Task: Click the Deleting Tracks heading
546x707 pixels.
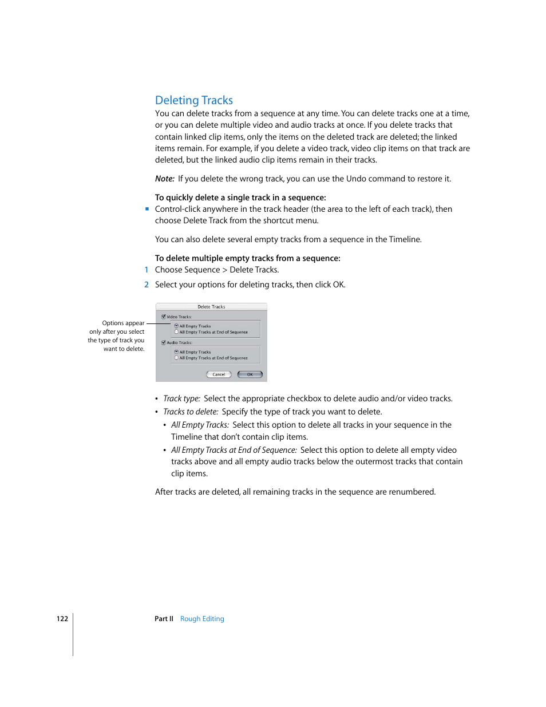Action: tap(193, 100)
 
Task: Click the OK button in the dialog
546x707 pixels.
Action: tap(250, 374)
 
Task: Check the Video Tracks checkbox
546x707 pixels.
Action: tap(164, 317)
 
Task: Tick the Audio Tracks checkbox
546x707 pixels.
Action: tap(164, 342)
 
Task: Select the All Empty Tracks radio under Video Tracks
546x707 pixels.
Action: tap(176, 326)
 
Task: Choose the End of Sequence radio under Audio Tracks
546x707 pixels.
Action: tap(176, 358)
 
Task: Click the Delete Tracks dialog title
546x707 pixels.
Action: tap(211, 307)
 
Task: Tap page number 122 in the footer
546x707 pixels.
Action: tap(62, 619)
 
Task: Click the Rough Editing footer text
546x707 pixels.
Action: tap(202, 619)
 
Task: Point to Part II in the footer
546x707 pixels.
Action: tap(164, 619)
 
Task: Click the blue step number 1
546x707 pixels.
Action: tap(147, 270)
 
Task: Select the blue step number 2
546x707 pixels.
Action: tap(147, 285)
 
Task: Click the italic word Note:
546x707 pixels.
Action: tap(165, 179)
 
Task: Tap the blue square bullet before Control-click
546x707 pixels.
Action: tap(147, 209)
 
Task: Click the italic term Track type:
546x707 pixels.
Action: tap(181, 398)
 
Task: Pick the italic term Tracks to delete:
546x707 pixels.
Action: tap(191, 412)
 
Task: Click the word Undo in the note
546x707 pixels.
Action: tap(356, 179)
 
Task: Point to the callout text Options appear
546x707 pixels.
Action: tap(123, 323)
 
